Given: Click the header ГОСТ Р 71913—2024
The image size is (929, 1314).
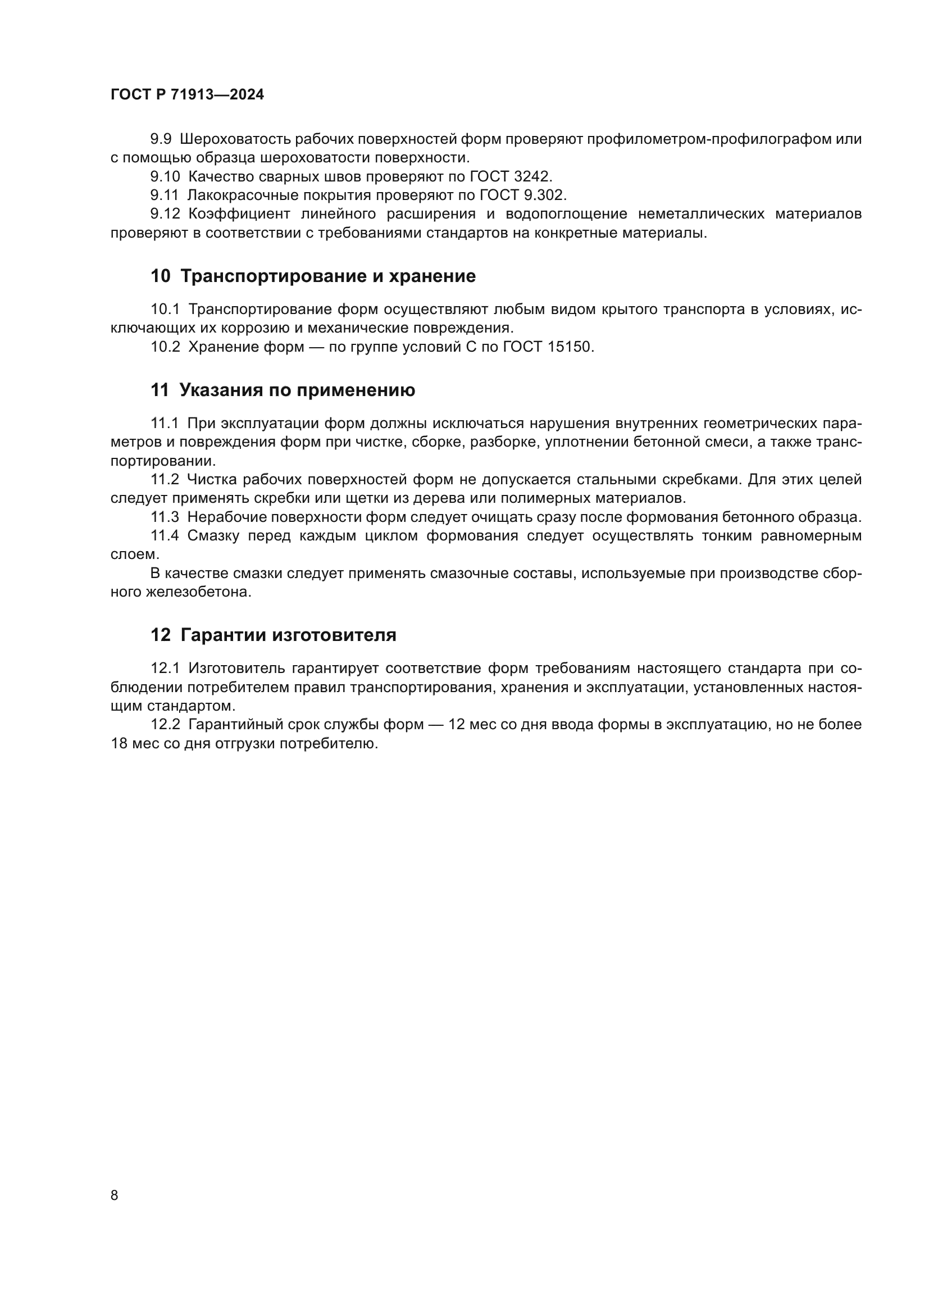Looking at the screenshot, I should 187,95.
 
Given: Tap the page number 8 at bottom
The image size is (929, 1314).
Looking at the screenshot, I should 115,1195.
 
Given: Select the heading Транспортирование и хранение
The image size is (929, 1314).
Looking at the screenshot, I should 328,276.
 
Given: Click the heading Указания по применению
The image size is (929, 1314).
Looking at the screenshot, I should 297,390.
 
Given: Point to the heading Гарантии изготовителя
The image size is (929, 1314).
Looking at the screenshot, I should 288,635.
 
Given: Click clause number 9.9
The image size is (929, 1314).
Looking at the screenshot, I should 161,139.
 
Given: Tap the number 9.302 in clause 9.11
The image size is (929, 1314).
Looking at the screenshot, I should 545,195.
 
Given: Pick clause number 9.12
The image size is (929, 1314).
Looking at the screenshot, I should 165,214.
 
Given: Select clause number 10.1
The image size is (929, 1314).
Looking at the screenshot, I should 165,310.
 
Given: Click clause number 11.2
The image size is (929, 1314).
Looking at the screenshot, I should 165,480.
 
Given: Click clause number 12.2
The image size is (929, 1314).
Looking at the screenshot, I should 165,725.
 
